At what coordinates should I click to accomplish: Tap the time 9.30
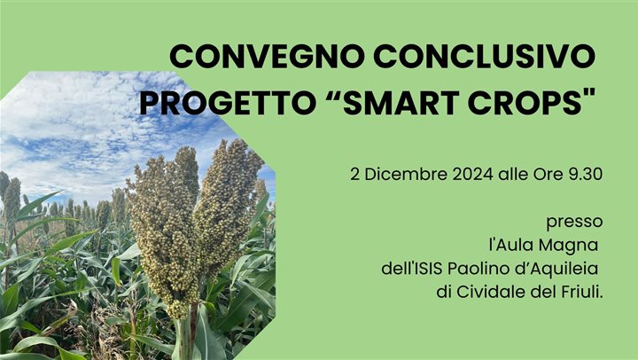pyautogui.click(x=585, y=174)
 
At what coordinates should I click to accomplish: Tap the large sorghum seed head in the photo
pyautogui.click(x=191, y=222)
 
